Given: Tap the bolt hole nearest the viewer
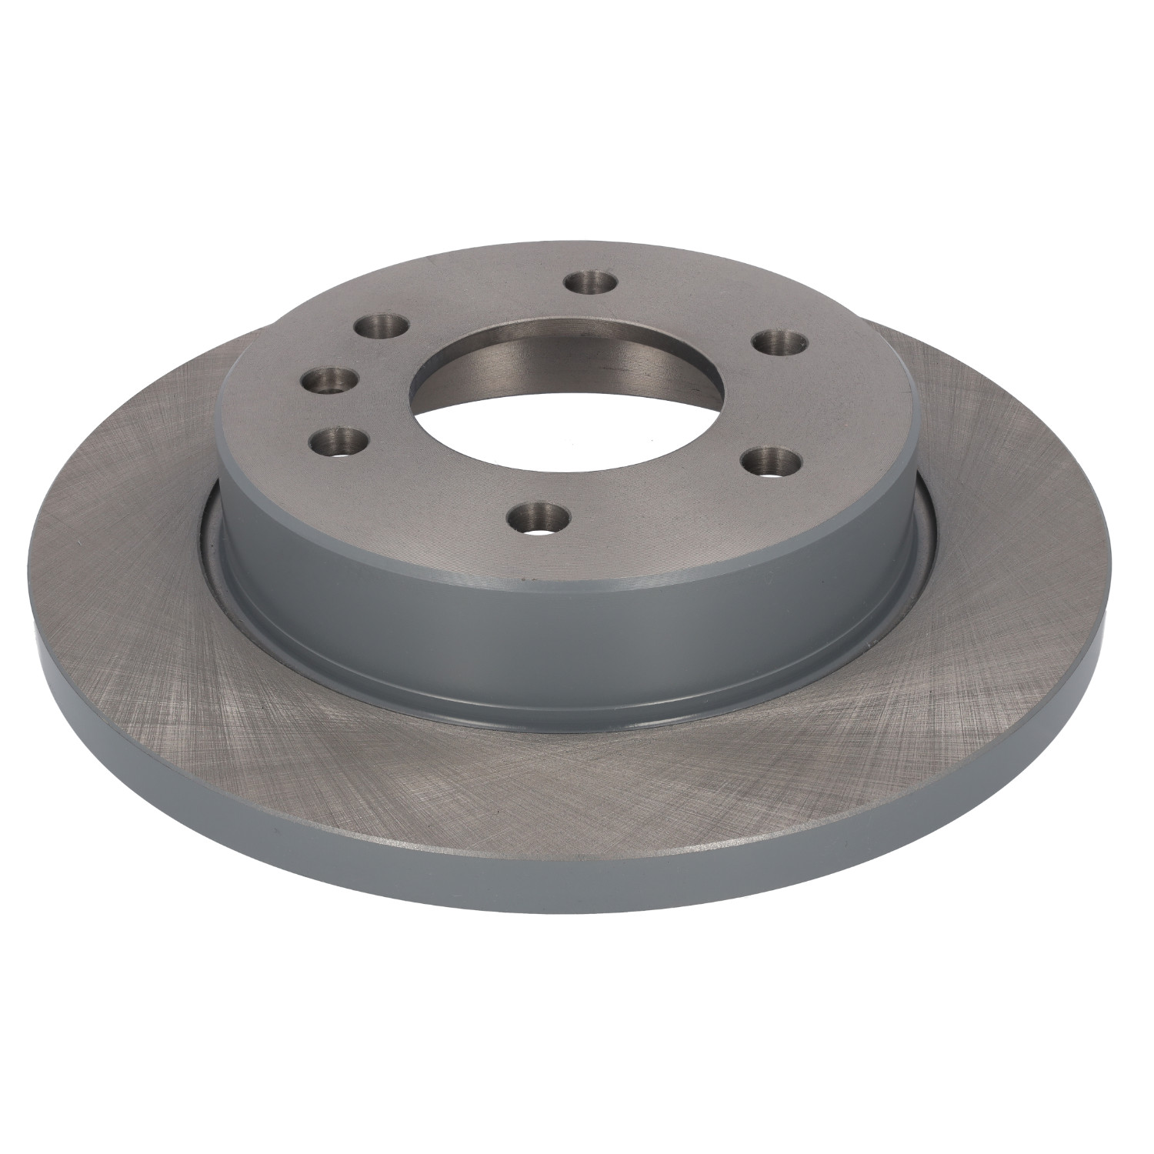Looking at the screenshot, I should tap(542, 515).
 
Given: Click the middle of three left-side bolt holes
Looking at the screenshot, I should tap(332, 379).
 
